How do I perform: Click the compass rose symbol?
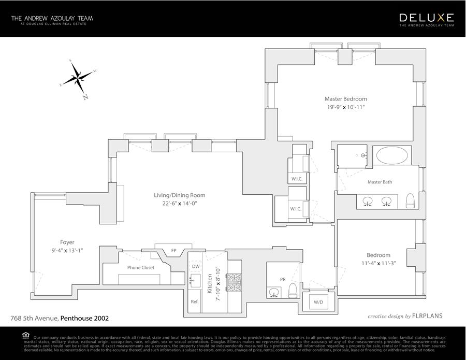click(x=78, y=79)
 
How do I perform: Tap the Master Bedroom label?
click(x=345, y=99)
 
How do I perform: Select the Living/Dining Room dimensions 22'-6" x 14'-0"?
click(x=179, y=204)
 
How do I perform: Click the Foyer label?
click(x=67, y=242)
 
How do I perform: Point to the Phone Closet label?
click(x=141, y=267)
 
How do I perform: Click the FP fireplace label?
click(x=173, y=251)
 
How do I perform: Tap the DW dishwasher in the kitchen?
click(x=195, y=266)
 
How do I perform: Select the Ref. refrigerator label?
click(x=195, y=301)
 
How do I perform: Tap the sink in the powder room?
click(x=273, y=293)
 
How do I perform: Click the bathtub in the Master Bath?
click(x=392, y=155)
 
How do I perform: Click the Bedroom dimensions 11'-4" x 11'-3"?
click(x=378, y=263)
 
